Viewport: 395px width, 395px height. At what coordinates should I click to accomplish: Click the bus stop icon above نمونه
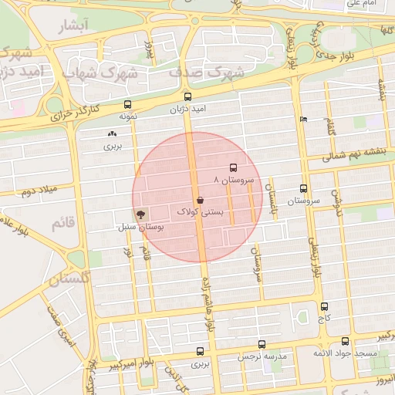pos(127,105)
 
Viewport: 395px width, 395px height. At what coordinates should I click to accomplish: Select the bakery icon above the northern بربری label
pos(113,133)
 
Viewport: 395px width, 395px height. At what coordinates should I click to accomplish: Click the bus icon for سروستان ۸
pos(232,168)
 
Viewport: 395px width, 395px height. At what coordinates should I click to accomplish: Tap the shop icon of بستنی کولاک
pos(201,200)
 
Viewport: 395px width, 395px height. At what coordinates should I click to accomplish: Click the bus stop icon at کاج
pos(323,306)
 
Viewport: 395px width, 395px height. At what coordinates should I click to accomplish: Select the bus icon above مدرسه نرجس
pos(262,345)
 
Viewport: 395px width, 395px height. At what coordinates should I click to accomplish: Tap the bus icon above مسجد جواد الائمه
pos(345,342)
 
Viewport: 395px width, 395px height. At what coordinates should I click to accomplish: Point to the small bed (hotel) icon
pos(302,119)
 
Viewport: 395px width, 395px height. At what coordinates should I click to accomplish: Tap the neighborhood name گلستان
pos(70,278)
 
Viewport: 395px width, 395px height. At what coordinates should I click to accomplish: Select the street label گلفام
pos(331,123)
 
